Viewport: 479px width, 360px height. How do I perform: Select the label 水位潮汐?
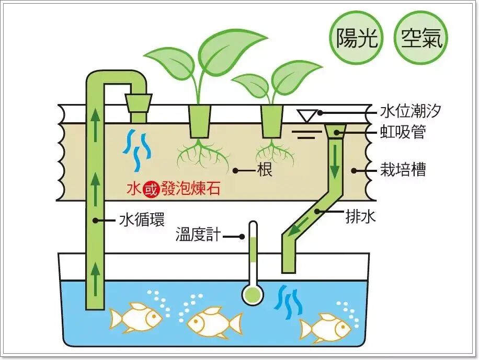(411, 112)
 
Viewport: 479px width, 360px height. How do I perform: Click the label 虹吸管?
(403, 133)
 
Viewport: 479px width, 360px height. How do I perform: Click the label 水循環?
(142, 220)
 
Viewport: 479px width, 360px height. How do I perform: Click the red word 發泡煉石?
(187, 189)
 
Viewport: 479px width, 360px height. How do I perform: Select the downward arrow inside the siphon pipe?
(334, 167)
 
